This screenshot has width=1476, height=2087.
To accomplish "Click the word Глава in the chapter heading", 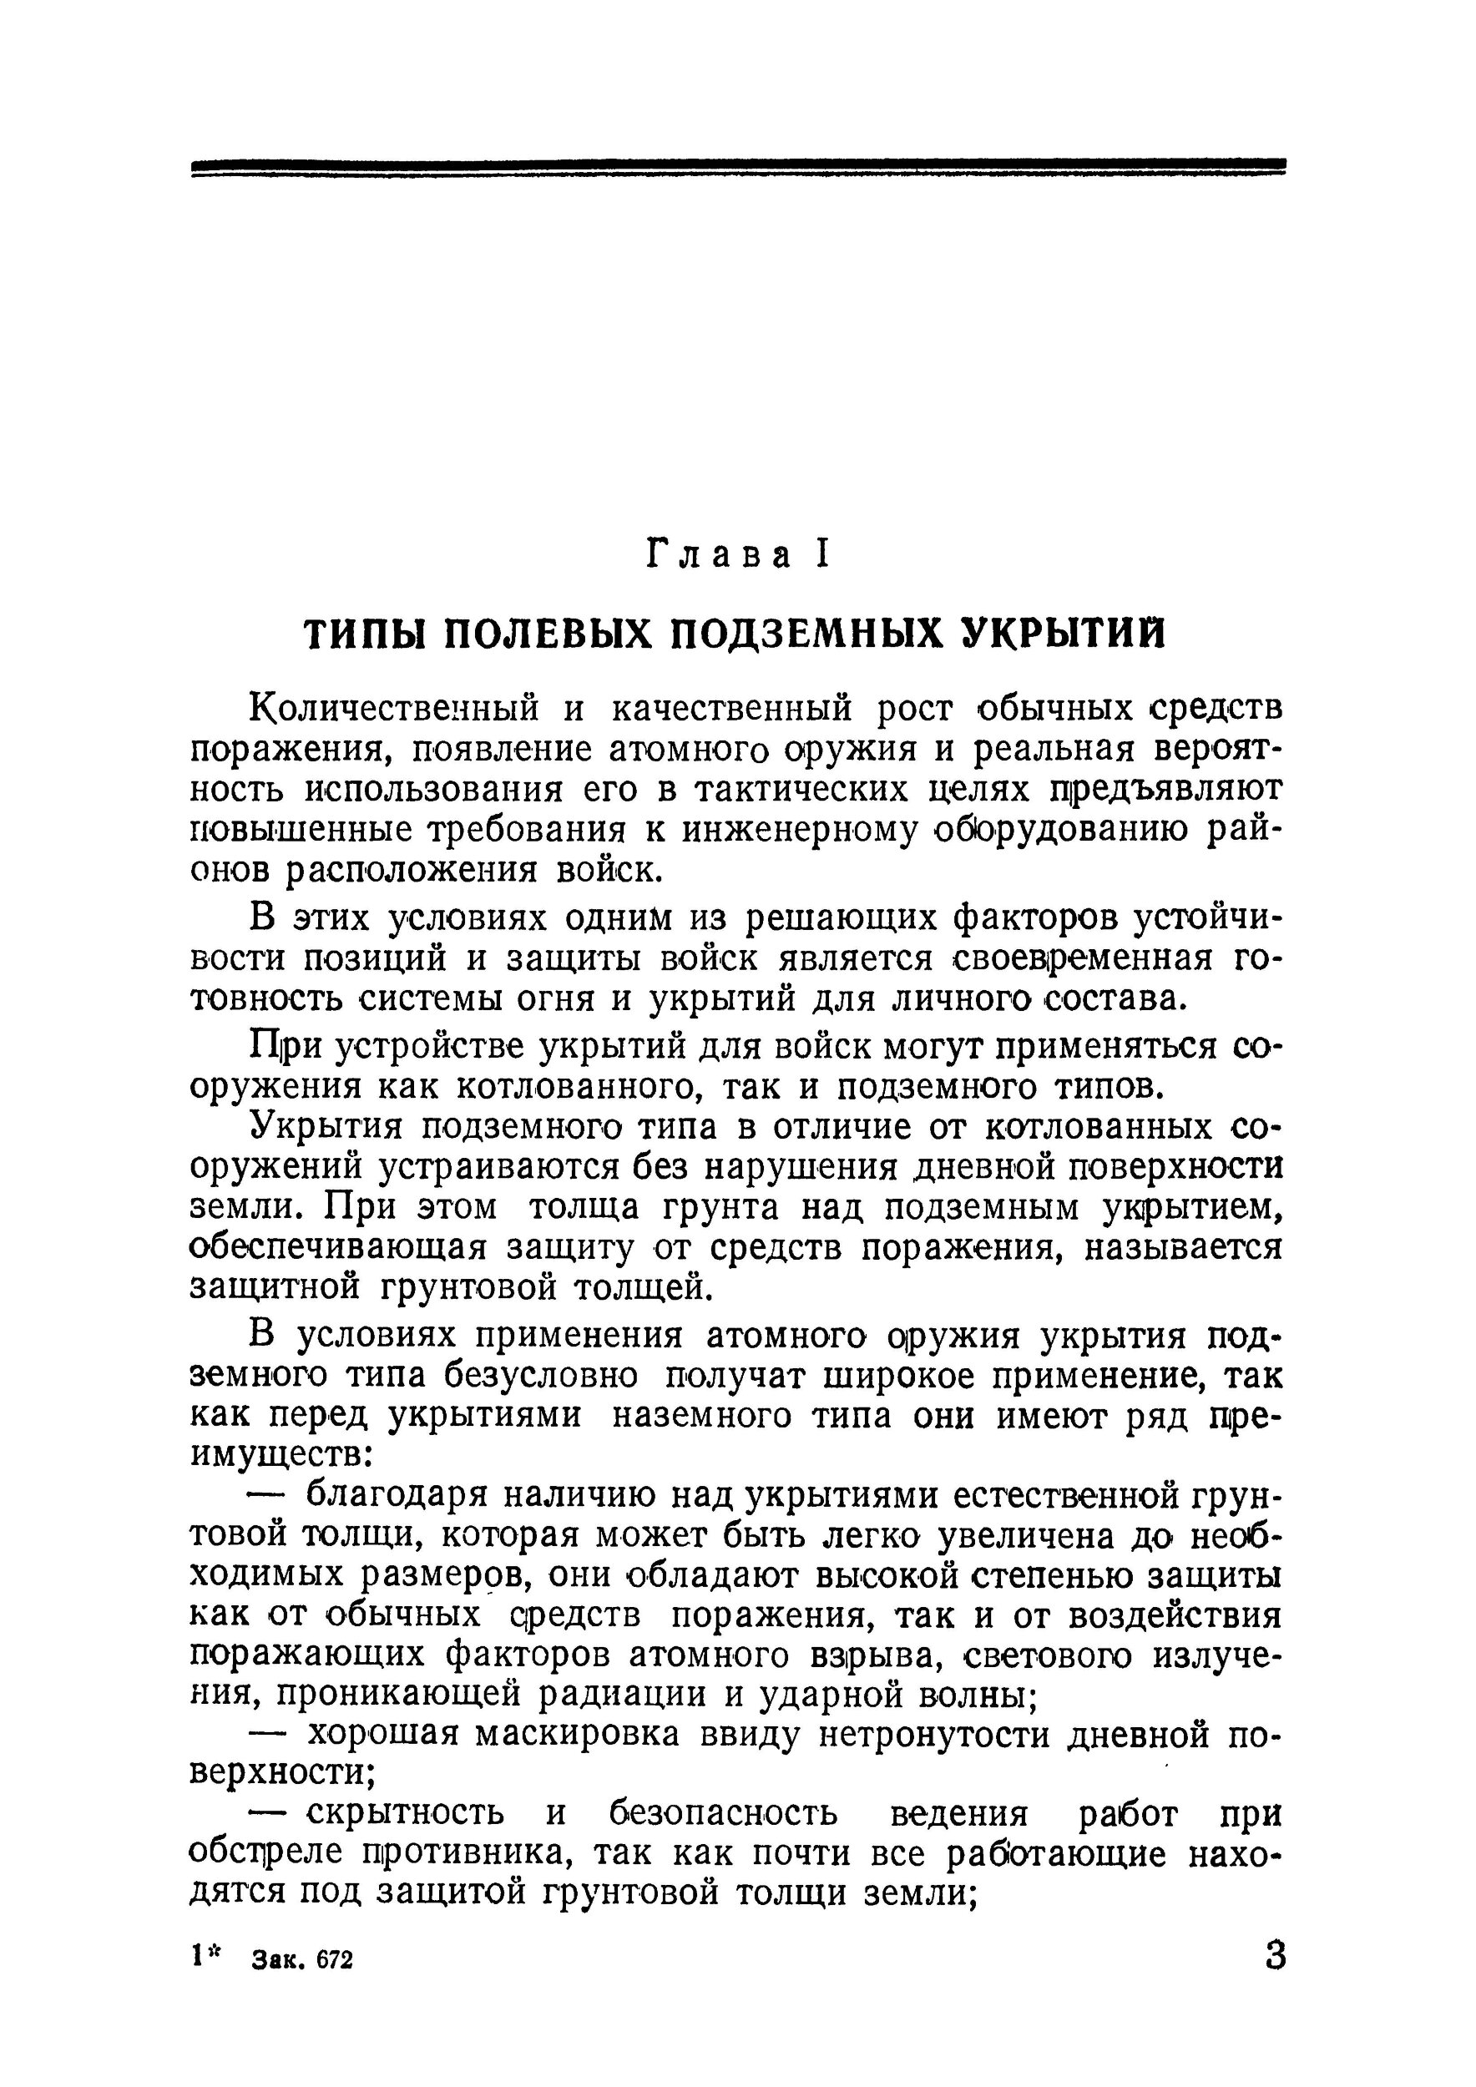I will pyautogui.click(x=718, y=554).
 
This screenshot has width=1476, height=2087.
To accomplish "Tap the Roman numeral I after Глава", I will pyautogui.click(x=822, y=553).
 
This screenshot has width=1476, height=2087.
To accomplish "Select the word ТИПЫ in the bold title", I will pyautogui.click(x=362, y=634).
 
